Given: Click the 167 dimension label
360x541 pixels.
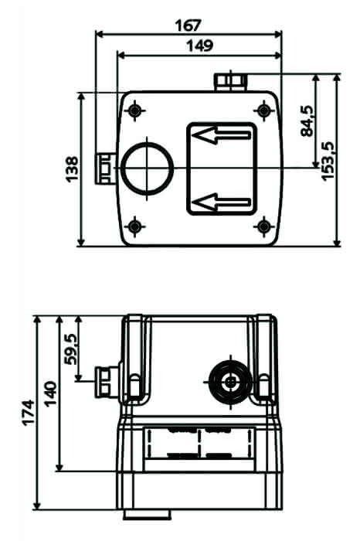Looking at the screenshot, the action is tap(188, 26).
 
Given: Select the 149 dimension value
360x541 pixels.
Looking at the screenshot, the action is tap(199, 45).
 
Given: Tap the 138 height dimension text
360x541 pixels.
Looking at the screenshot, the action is tap(72, 169).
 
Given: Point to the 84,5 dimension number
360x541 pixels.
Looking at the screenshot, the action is tap(307, 121).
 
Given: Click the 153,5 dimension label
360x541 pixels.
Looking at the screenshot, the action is tap(328, 161).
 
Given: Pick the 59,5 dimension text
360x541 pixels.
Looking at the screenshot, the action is tap(71, 349).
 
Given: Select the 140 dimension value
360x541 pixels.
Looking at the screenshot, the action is tap(50, 393).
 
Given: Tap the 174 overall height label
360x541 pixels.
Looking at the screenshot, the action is tap(29, 413).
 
